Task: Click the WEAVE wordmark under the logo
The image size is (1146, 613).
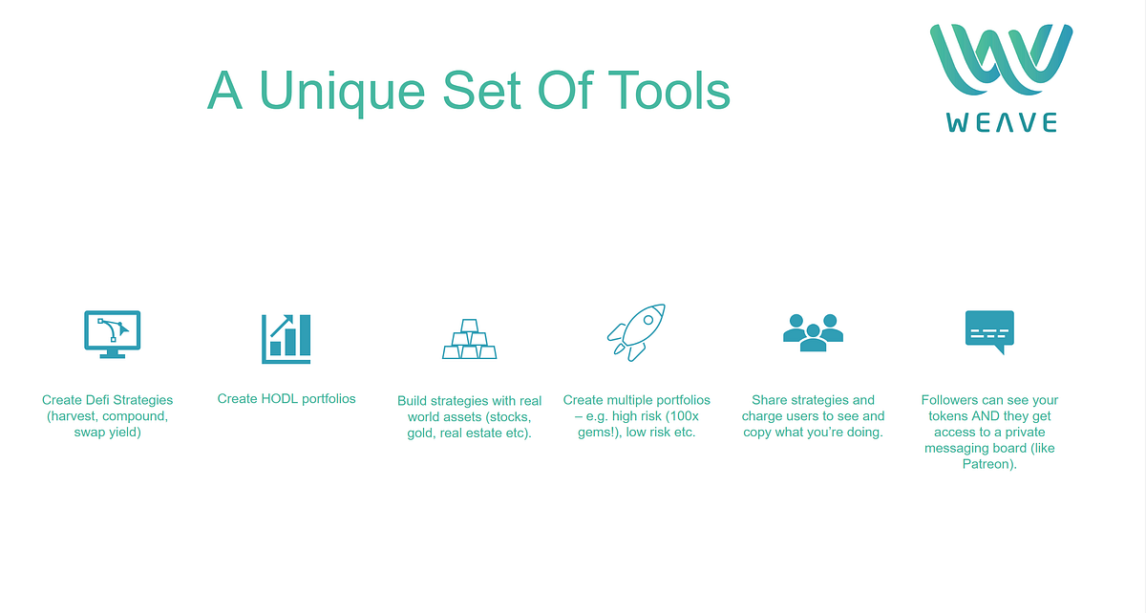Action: click(x=1001, y=123)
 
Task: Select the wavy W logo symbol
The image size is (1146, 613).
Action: click(x=1001, y=59)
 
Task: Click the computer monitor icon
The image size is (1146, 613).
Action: click(x=112, y=334)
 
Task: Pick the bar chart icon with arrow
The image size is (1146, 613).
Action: click(x=286, y=338)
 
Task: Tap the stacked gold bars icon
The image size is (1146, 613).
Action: click(x=470, y=339)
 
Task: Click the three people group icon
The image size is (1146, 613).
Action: click(x=813, y=332)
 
